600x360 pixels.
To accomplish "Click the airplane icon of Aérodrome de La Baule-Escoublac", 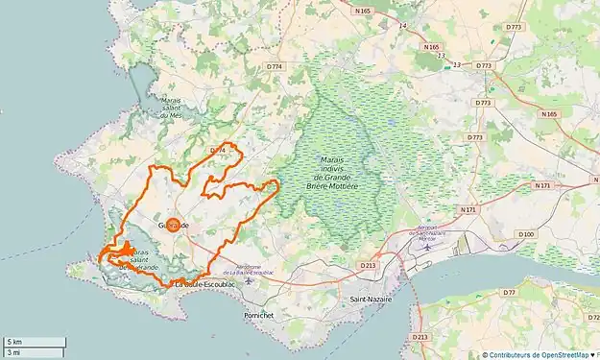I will (249, 281).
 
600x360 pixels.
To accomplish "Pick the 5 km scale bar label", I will (14, 342).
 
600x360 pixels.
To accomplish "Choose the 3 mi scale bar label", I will (14, 352).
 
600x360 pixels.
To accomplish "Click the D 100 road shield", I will (526, 234).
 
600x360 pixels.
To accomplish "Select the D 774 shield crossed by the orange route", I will (217, 151).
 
